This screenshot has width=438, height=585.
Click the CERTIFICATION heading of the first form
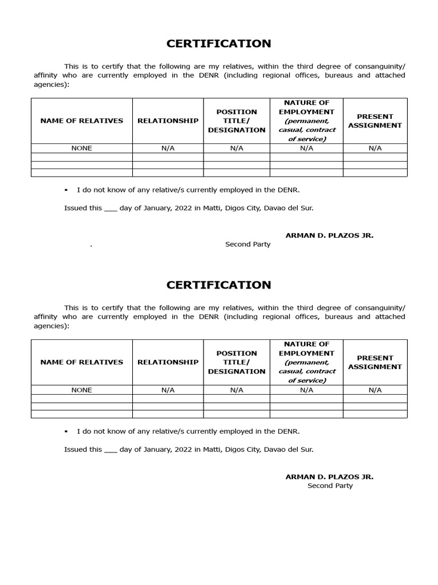[218, 44]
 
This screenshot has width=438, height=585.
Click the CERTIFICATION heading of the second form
[218, 285]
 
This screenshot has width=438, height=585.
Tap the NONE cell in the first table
[82, 149]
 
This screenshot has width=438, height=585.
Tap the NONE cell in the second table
[82, 390]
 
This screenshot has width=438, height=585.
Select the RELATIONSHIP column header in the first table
[168, 121]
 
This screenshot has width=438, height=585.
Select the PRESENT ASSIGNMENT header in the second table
[375, 362]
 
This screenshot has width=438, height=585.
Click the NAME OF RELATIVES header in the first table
[82, 121]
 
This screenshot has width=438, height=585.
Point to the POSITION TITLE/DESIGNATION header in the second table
[237, 362]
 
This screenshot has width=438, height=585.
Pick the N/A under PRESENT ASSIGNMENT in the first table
[375, 149]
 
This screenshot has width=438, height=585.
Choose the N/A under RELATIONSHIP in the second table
[168, 390]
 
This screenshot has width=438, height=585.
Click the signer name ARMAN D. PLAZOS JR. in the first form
[330, 235]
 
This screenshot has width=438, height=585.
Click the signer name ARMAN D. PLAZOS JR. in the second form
[330, 476]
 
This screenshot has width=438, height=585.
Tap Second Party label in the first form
[248, 245]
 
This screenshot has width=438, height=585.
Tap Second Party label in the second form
[330, 486]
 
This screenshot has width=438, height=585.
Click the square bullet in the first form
[67, 190]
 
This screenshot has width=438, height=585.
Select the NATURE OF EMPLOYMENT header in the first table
[306, 121]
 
